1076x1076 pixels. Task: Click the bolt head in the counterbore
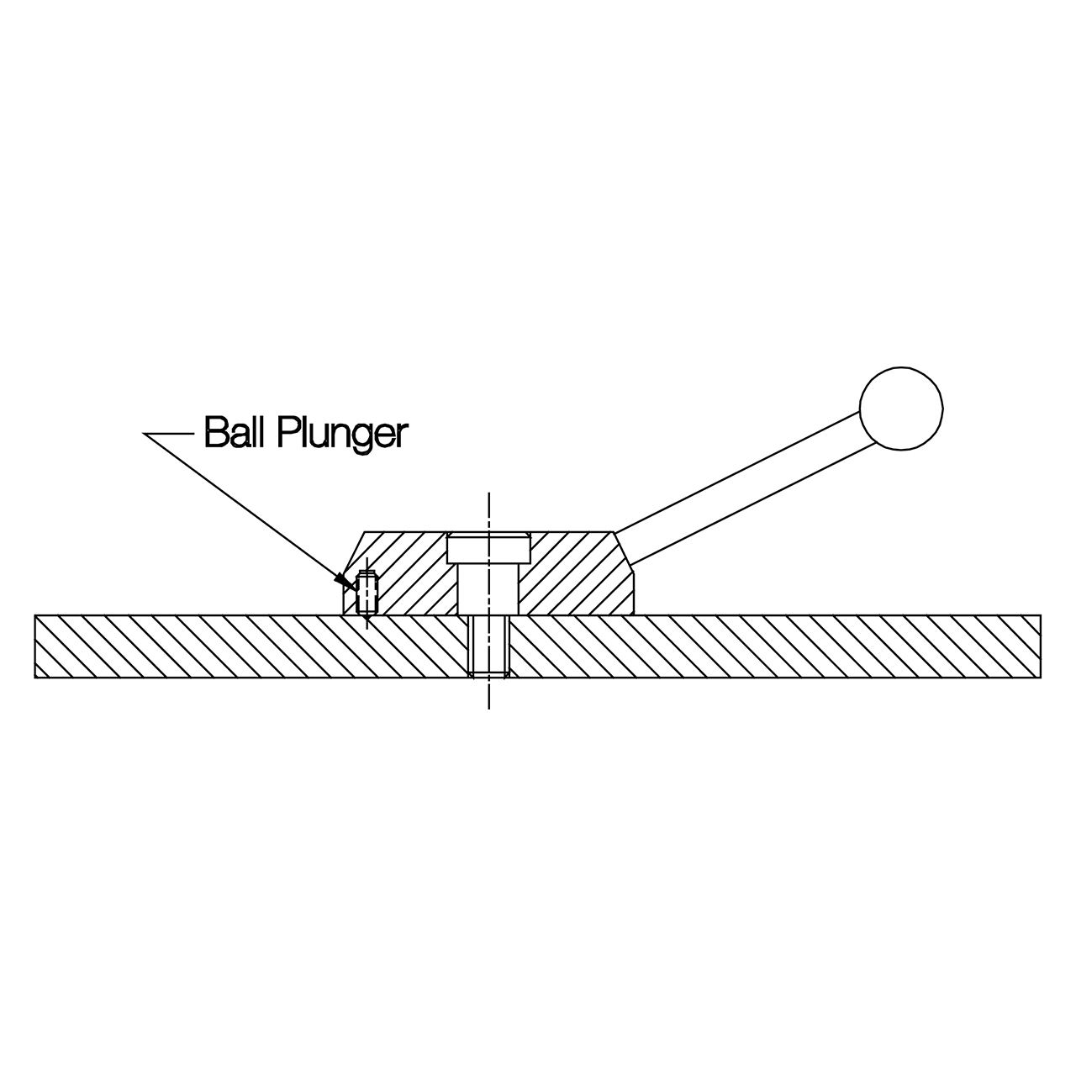coord(488,549)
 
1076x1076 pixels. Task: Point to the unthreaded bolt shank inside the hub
coord(488,589)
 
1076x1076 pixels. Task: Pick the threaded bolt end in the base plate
coord(488,645)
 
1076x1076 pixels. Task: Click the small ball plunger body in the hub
coord(367,592)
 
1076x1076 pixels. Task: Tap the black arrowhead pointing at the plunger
coord(344,581)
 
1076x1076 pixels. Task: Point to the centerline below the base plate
coord(488,694)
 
